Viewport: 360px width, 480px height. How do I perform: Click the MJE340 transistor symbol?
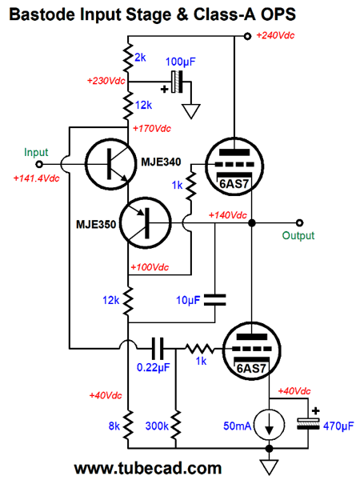111,164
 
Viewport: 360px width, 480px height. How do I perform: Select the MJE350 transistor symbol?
145,223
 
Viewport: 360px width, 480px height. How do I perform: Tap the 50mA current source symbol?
270,426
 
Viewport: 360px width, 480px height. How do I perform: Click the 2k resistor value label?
140,58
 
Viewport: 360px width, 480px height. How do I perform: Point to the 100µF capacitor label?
180,62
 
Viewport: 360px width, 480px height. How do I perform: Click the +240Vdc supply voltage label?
275,35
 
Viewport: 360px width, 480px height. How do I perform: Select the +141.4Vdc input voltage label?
37,178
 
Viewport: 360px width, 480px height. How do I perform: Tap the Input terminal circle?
39,164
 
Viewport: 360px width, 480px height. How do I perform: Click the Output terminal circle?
300,223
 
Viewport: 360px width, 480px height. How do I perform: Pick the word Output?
298,235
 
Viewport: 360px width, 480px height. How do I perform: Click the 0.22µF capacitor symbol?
158,348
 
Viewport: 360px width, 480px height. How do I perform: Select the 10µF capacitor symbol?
215,300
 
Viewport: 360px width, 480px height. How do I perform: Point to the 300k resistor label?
157,426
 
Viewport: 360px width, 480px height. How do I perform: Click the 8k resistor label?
114,426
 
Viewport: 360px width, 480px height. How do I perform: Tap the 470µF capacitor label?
338,426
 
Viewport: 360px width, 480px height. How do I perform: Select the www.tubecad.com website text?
148,468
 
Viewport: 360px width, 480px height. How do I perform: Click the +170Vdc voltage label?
152,129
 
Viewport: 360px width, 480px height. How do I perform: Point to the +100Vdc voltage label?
150,267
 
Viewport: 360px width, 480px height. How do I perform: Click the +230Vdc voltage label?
106,81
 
